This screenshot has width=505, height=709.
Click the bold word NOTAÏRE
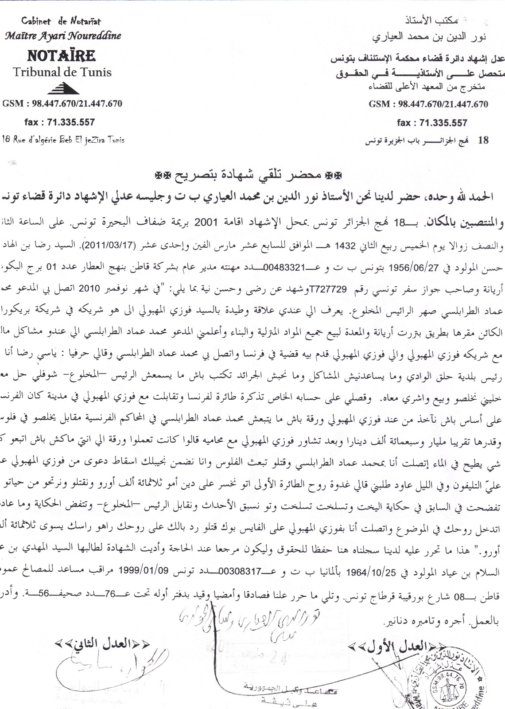[62, 56]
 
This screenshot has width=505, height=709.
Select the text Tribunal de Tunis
[62, 72]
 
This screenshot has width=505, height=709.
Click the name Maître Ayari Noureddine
[62, 36]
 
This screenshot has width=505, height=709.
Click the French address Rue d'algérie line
[63, 140]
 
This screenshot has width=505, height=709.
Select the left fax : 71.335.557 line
[59, 122]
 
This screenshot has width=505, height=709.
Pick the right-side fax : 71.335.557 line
[432, 123]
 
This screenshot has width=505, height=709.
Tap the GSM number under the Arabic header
[428, 105]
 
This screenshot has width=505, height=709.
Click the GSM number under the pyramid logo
[62, 104]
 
